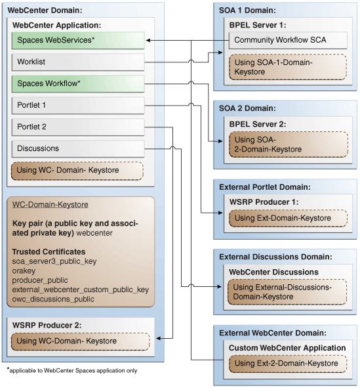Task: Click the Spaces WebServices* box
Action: (78, 41)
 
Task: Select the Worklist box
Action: (78, 62)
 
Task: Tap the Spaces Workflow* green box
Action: (78, 84)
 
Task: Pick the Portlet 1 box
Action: (78, 105)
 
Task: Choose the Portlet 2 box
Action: (78, 127)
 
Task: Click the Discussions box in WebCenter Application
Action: (78, 148)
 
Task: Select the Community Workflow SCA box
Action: (287, 41)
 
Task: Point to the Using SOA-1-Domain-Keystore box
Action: (287, 67)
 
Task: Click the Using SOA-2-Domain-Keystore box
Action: (287, 144)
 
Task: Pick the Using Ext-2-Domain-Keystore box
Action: (287, 363)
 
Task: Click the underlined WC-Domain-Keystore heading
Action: (50, 205)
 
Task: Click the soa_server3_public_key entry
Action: (54, 261)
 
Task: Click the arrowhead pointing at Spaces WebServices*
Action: (148, 41)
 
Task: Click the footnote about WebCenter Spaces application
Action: (72, 371)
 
